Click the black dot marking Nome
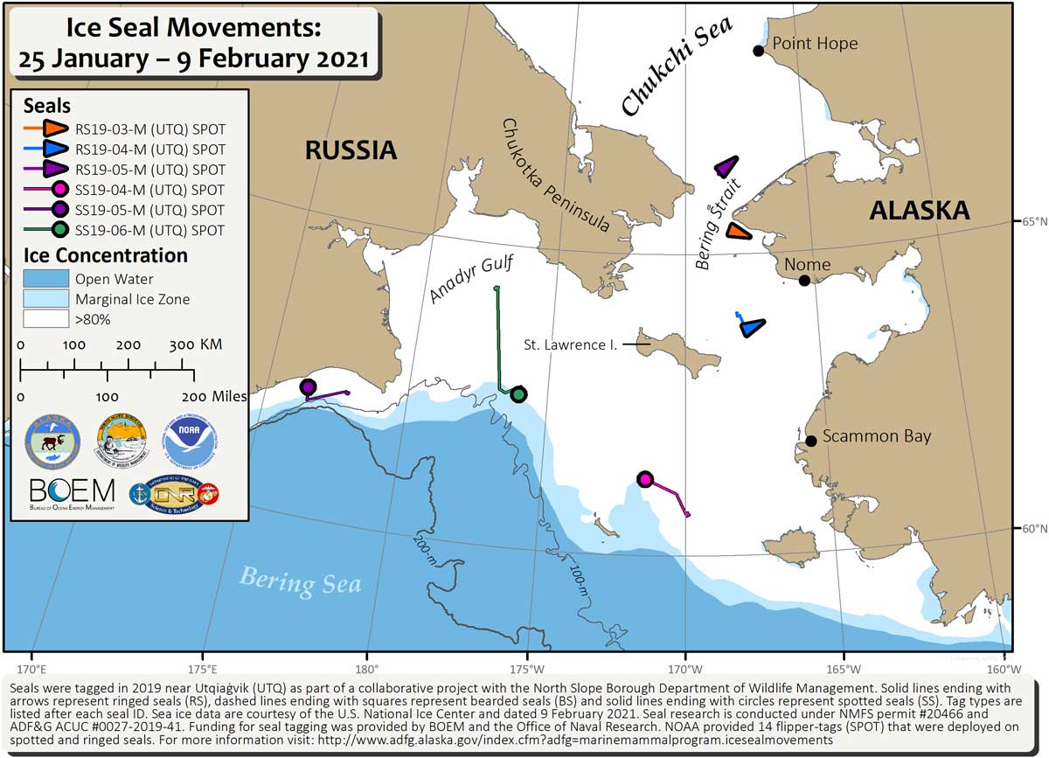804,281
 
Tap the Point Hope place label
815,44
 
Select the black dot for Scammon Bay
811,441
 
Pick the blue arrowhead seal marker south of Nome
751,327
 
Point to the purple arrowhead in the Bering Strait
726,167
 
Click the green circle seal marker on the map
518,394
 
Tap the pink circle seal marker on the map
645,479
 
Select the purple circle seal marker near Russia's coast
308,387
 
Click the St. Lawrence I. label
570,345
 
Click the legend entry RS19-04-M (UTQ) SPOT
149,150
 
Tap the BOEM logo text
72,491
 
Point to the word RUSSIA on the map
351,150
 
